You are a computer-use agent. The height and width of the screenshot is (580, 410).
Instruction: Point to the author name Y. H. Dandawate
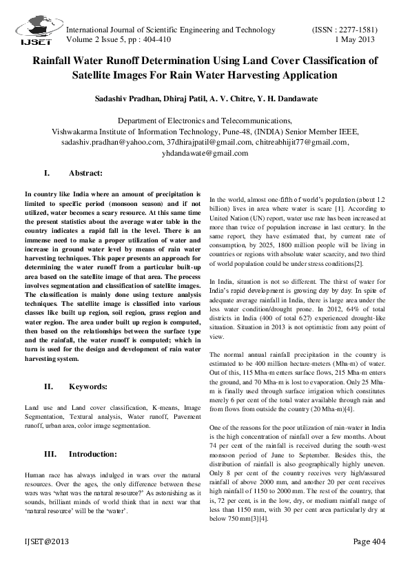(x=284, y=99)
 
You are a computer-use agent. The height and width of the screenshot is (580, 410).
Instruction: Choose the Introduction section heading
(x=97, y=454)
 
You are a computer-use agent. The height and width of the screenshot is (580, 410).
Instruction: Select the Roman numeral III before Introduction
(x=50, y=454)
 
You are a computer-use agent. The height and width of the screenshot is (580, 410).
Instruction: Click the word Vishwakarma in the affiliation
(x=77, y=131)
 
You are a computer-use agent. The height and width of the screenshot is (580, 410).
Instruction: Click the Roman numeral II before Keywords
(x=49, y=387)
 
